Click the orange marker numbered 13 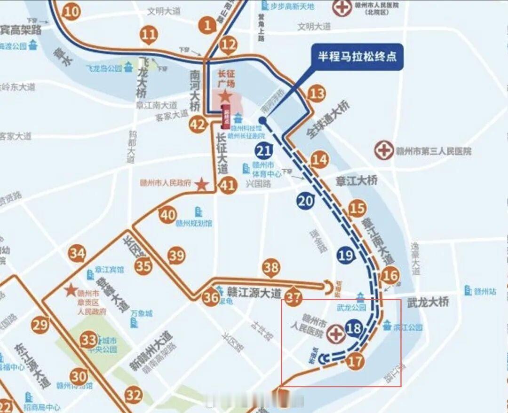point(317,94)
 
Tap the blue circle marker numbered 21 point(264,151)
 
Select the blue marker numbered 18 point(354,328)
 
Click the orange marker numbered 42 point(198,125)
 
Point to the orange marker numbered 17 point(356,361)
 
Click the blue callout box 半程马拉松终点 point(357,57)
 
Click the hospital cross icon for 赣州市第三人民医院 point(384,151)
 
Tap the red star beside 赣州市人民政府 point(201,185)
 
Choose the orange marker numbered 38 point(271,267)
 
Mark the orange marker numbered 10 point(71,11)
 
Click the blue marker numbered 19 point(345,255)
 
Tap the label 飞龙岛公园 point(104,68)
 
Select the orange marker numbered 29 point(40,325)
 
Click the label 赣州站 point(485,291)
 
